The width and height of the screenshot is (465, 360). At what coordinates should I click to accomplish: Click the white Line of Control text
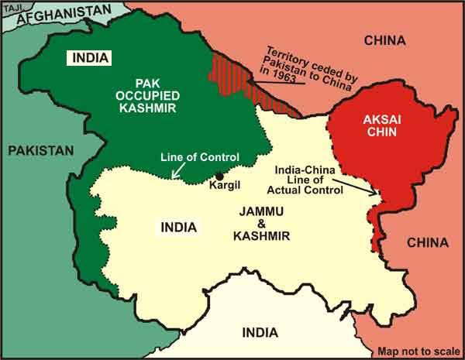tap(194, 156)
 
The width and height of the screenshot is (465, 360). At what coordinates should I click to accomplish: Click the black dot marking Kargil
tap(221, 175)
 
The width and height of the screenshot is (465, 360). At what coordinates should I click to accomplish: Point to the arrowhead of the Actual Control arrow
tap(376, 195)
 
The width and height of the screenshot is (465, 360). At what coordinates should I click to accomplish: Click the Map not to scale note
tap(418, 349)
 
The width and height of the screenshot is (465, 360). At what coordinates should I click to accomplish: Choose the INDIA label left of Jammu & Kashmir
tap(177, 228)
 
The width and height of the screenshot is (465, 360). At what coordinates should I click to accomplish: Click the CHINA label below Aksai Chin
tap(426, 243)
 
